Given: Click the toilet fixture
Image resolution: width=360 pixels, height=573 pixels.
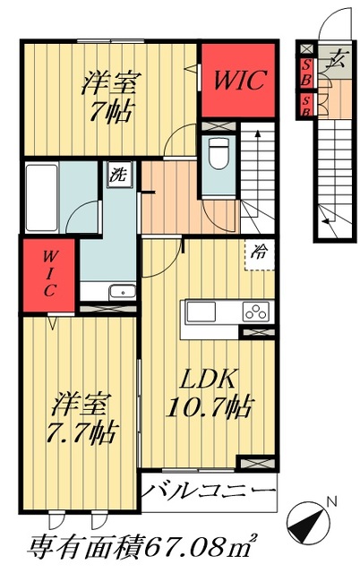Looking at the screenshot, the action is (219, 153).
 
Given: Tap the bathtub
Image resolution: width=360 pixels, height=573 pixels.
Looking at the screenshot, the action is (42, 198).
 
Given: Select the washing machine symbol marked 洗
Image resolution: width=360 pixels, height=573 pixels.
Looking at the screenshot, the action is (120, 175).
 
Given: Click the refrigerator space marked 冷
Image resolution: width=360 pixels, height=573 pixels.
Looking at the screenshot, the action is (259, 254).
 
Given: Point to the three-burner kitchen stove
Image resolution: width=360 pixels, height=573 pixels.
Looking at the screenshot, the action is (256, 312).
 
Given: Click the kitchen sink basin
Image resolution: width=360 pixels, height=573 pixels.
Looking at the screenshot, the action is (201, 312).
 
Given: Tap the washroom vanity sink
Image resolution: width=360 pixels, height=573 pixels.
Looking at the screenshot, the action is (123, 292).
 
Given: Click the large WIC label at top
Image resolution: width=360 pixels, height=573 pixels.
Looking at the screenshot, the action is (239, 80).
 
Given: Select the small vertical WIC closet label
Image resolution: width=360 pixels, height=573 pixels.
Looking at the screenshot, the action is (49, 274).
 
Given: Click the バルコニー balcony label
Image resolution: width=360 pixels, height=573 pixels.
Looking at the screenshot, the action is (208, 491).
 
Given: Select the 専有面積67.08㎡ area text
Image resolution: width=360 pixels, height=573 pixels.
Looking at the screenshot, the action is (142, 547).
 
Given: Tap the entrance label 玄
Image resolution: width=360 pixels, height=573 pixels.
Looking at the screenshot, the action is (336, 59).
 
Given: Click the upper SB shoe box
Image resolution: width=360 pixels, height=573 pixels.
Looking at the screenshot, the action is (306, 73).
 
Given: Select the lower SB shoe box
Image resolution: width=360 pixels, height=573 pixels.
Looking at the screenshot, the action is (306, 106).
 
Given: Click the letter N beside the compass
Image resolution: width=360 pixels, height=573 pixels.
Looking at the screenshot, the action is (332, 502).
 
